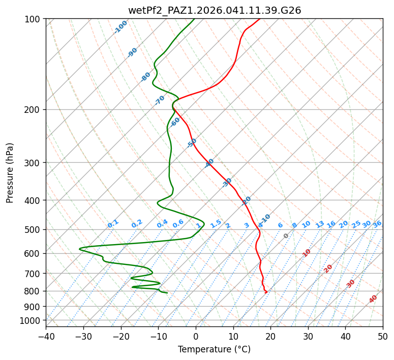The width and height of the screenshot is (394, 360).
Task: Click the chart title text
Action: click(214, 10)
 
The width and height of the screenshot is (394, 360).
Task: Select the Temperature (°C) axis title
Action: click(214, 349)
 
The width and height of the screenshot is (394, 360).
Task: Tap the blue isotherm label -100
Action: click(120, 27)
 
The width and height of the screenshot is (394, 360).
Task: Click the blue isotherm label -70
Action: click(160, 100)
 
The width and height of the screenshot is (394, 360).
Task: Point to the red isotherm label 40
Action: click(373, 299)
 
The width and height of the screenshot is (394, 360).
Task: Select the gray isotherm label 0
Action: click(286, 236)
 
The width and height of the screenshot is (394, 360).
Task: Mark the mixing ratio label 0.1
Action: click(113, 223)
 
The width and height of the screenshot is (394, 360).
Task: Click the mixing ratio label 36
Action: click(377, 224)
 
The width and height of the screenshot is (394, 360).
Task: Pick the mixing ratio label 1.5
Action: click(216, 223)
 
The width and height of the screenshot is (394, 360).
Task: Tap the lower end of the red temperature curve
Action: click(266, 292)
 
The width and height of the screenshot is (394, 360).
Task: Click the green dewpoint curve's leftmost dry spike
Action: click(80, 249)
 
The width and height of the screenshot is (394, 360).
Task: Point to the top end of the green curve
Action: click(194, 19)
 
